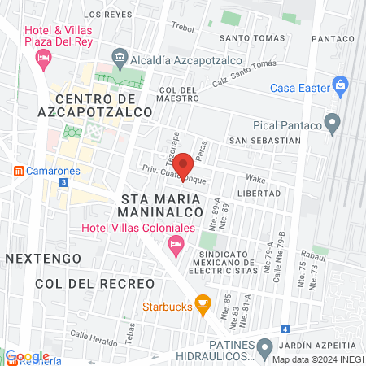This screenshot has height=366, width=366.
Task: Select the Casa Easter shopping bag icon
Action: coord(341,85)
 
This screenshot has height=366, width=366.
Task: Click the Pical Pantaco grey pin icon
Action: coord(332,124)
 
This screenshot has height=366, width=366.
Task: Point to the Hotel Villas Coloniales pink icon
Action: coord(175,244)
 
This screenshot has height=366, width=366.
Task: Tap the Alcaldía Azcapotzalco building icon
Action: coord(120,56)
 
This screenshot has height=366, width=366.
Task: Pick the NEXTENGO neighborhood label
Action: coord(42,258)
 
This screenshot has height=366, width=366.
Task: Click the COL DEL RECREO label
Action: coord(94,283)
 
